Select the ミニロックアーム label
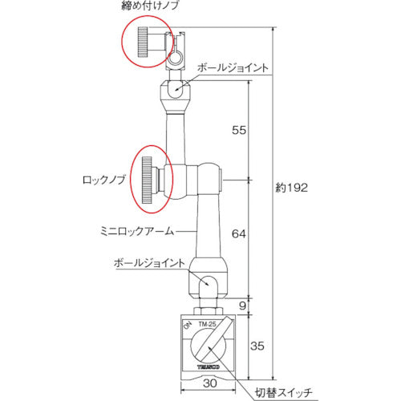138,229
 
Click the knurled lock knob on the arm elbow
148,181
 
